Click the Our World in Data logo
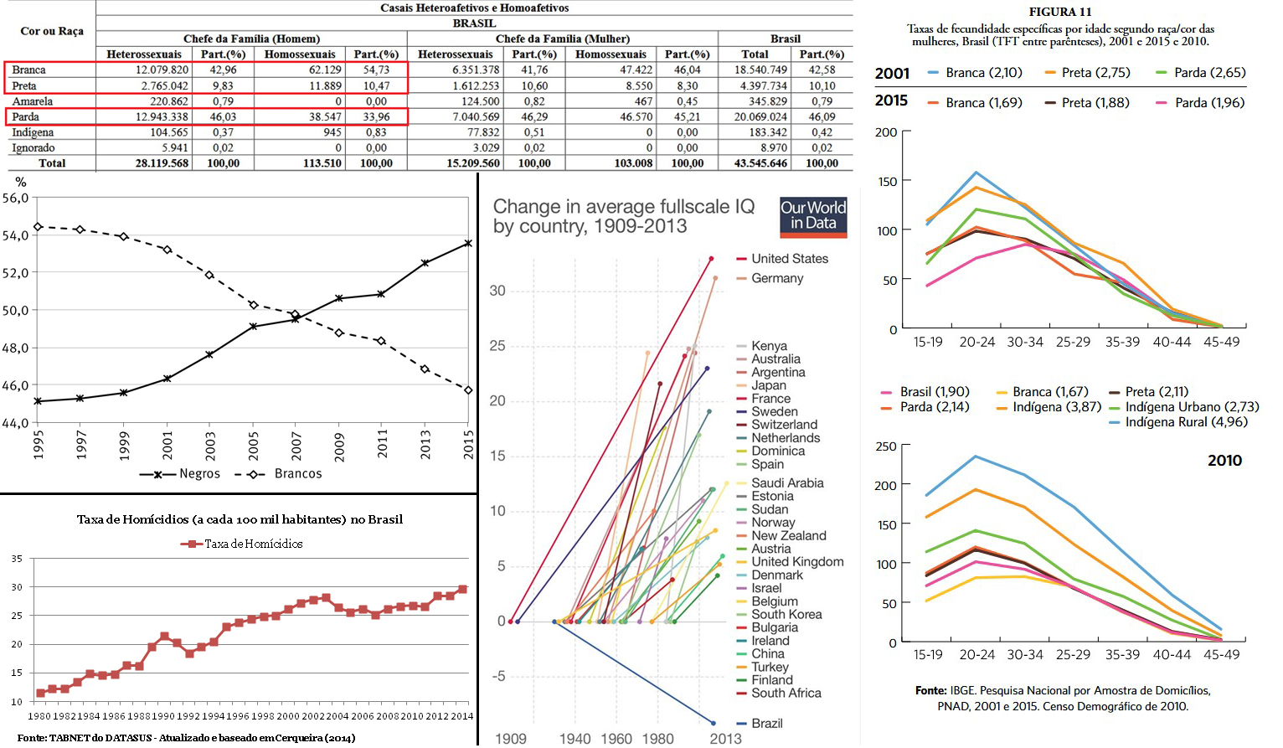pos(812,216)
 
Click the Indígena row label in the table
pos(33,132)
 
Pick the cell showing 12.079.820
pos(162,70)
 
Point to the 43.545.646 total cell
pos(760,163)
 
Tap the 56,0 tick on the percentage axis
pos(15,199)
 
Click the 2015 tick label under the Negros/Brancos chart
pos(468,444)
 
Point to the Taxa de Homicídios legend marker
pos(192,544)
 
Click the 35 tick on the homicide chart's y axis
pos(17,559)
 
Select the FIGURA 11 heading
pos(1059,12)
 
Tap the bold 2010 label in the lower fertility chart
pos(1224,461)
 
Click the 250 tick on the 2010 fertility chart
pos(886,446)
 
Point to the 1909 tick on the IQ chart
pos(510,738)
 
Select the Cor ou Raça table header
pos(51,31)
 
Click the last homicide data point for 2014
pos(462,590)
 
